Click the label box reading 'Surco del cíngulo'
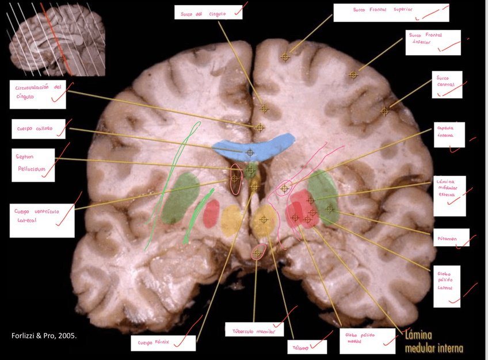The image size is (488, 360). [x=208, y=13]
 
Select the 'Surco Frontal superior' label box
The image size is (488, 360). [x=391, y=13]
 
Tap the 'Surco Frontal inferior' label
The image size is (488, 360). [x=433, y=43]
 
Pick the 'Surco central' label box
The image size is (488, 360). [x=448, y=85]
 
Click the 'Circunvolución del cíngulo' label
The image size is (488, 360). [x=37, y=94]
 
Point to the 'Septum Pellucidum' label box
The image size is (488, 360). [x=33, y=165]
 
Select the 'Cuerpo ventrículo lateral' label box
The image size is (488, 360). [x=41, y=220]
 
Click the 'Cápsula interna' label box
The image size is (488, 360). [x=449, y=135]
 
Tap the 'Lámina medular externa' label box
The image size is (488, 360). [x=449, y=196]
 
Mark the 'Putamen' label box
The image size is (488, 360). [x=452, y=238]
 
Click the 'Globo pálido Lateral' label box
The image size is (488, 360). [x=447, y=286]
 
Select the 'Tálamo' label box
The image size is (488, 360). [x=307, y=347]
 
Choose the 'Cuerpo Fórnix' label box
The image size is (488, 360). [x=163, y=343]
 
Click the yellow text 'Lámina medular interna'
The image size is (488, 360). [x=434, y=341]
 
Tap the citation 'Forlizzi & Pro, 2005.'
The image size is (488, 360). [x=44, y=335]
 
